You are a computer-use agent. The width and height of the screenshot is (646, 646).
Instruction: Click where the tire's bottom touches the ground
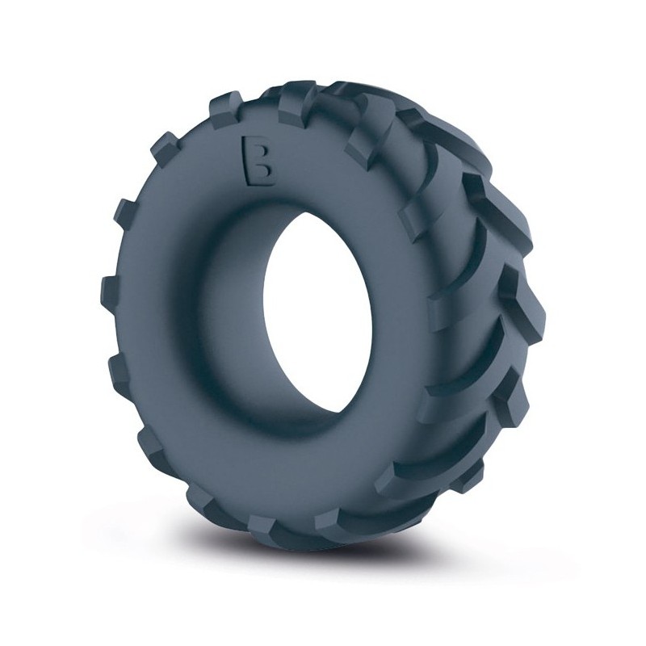coord(323,557)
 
